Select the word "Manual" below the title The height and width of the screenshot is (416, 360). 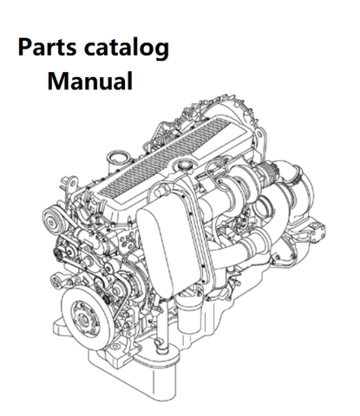pos(90,81)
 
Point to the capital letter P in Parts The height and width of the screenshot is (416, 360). pos(24,47)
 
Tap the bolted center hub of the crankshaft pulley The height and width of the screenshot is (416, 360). pos(83,317)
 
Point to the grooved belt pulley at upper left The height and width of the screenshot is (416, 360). pos(53,221)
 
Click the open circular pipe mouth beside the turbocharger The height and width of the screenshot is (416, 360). pos(264,208)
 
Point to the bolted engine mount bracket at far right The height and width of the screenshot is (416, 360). pos(313,231)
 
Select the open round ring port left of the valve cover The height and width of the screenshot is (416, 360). pos(117,159)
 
